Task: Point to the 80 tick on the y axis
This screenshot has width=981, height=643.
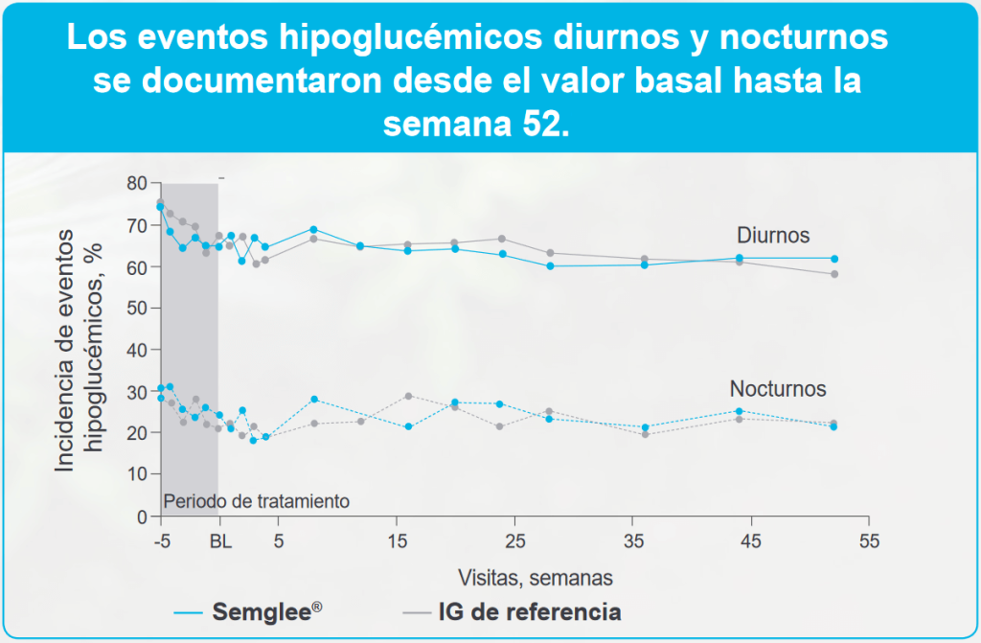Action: pyautogui.click(x=138, y=183)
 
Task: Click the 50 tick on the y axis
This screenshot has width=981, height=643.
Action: pyautogui.click(x=138, y=309)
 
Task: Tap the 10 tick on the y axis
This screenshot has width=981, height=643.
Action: pyautogui.click(x=138, y=474)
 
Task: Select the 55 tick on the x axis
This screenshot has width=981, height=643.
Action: pyautogui.click(x=869, y=540)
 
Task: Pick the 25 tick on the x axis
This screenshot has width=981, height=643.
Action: pyautogui.click(x=513, y=540)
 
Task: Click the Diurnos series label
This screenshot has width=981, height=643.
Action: pyautogui.click(x=772, y=235)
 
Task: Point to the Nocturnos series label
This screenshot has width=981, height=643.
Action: pyautogui.click(x=778, y=389)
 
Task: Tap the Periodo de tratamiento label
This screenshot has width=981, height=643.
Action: pyautogui.click(x=257, y=500)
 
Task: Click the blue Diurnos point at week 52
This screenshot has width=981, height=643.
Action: pyautogui.click(x=834, y=259)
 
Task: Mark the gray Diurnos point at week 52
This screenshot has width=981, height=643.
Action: pyautogui.click(x=834, y=274)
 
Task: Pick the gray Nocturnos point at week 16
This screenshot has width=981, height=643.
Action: pyautogui.click(x=408, y=396)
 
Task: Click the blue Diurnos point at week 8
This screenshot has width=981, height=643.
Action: pyautogui.click(x=314, y=230)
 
